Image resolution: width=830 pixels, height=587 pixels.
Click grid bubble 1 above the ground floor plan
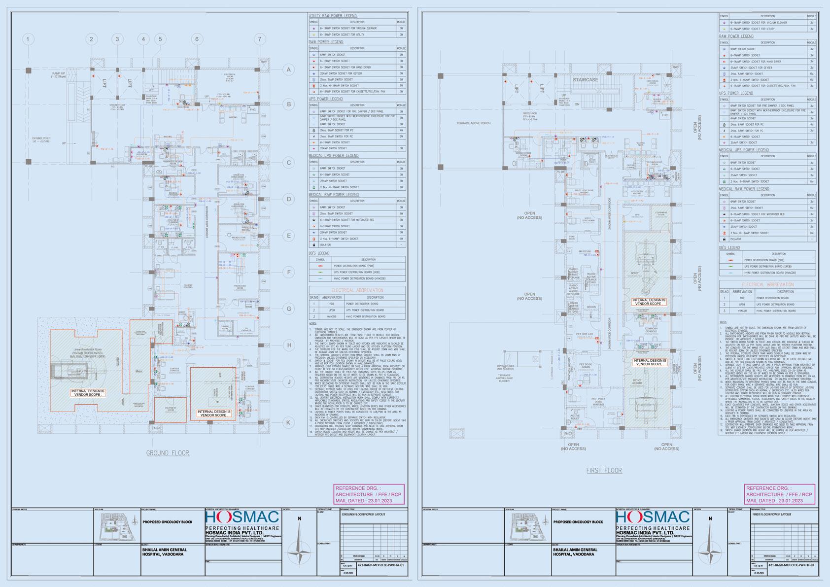(x=28, y=39)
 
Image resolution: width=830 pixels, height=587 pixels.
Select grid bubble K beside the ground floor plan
(x=289, y=422)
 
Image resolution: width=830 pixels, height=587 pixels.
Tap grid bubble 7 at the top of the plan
(x=260, y=39)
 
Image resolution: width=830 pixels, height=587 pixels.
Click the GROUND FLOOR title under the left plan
(x=168, y=453)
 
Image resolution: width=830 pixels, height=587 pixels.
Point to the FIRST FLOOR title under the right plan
(x=604, y=471)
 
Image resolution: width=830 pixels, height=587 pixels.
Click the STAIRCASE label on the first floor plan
(x=585, y=79)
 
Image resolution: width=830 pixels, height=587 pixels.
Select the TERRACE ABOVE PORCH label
(x=473, y=123)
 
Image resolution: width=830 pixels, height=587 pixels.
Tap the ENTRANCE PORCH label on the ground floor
(x=41, y=140)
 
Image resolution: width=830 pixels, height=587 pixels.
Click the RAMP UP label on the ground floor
(x=59, y=75)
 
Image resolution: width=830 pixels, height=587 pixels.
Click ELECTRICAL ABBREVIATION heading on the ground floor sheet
(x=357, y=290)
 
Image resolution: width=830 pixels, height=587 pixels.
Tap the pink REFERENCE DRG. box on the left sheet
(x=369, y=494)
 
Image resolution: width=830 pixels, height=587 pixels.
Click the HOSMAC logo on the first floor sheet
(x=653, y=518)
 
